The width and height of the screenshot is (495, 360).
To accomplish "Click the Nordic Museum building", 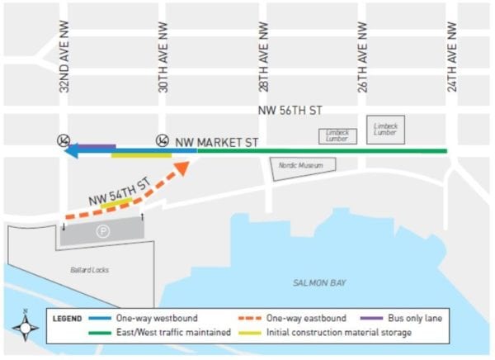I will [304, 166].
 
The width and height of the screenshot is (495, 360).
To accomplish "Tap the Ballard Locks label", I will [90, 269].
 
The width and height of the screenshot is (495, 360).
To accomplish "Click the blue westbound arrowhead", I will [73, 151].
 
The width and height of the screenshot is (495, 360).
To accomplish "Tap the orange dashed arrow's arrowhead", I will [182, 168].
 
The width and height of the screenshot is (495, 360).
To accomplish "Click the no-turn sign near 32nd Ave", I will [63, 140].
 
